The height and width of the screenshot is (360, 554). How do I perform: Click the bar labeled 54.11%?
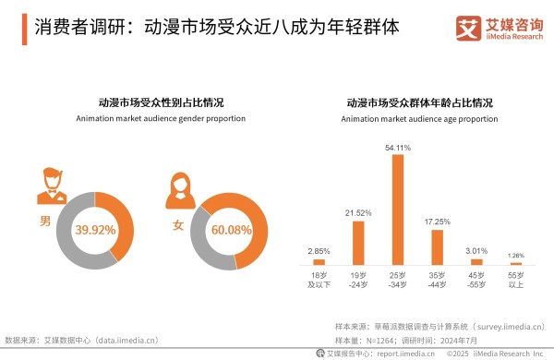398,210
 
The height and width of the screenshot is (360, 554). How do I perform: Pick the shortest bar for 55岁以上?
517,264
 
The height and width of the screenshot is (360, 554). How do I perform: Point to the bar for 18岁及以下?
319,262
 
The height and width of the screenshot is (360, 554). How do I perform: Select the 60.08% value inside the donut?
234,229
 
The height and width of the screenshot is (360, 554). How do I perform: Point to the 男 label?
44,222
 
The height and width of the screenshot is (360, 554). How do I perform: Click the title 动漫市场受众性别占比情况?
161,102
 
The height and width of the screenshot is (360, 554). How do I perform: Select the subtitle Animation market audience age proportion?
419,119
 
